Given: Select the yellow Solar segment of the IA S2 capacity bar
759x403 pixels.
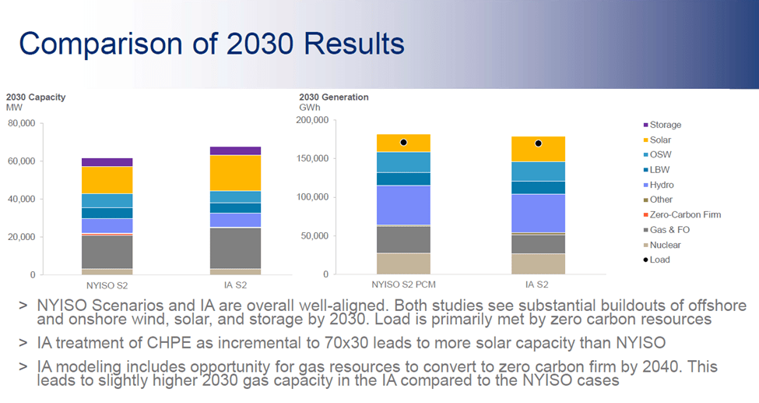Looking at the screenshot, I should click(235, 173).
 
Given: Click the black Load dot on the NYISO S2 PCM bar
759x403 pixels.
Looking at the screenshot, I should click(403, 143).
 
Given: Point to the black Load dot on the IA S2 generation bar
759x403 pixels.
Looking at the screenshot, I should click(538, 143).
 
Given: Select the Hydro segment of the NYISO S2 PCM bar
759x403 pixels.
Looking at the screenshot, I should click(403, 205).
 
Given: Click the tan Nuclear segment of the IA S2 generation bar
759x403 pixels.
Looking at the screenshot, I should click(538, 263).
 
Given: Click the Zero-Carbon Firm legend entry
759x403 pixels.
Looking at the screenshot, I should click(685, 215).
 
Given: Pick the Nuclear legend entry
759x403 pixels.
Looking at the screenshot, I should click(665, 245).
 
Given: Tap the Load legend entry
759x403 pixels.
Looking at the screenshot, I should click(659, 260).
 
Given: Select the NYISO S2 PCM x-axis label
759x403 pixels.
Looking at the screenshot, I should click(403, 285).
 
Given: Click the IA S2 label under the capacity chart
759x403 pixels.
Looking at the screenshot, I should click(235, 286).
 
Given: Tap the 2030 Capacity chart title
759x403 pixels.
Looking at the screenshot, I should click(35, 97).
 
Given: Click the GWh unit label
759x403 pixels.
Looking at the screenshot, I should click(309, 108).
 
